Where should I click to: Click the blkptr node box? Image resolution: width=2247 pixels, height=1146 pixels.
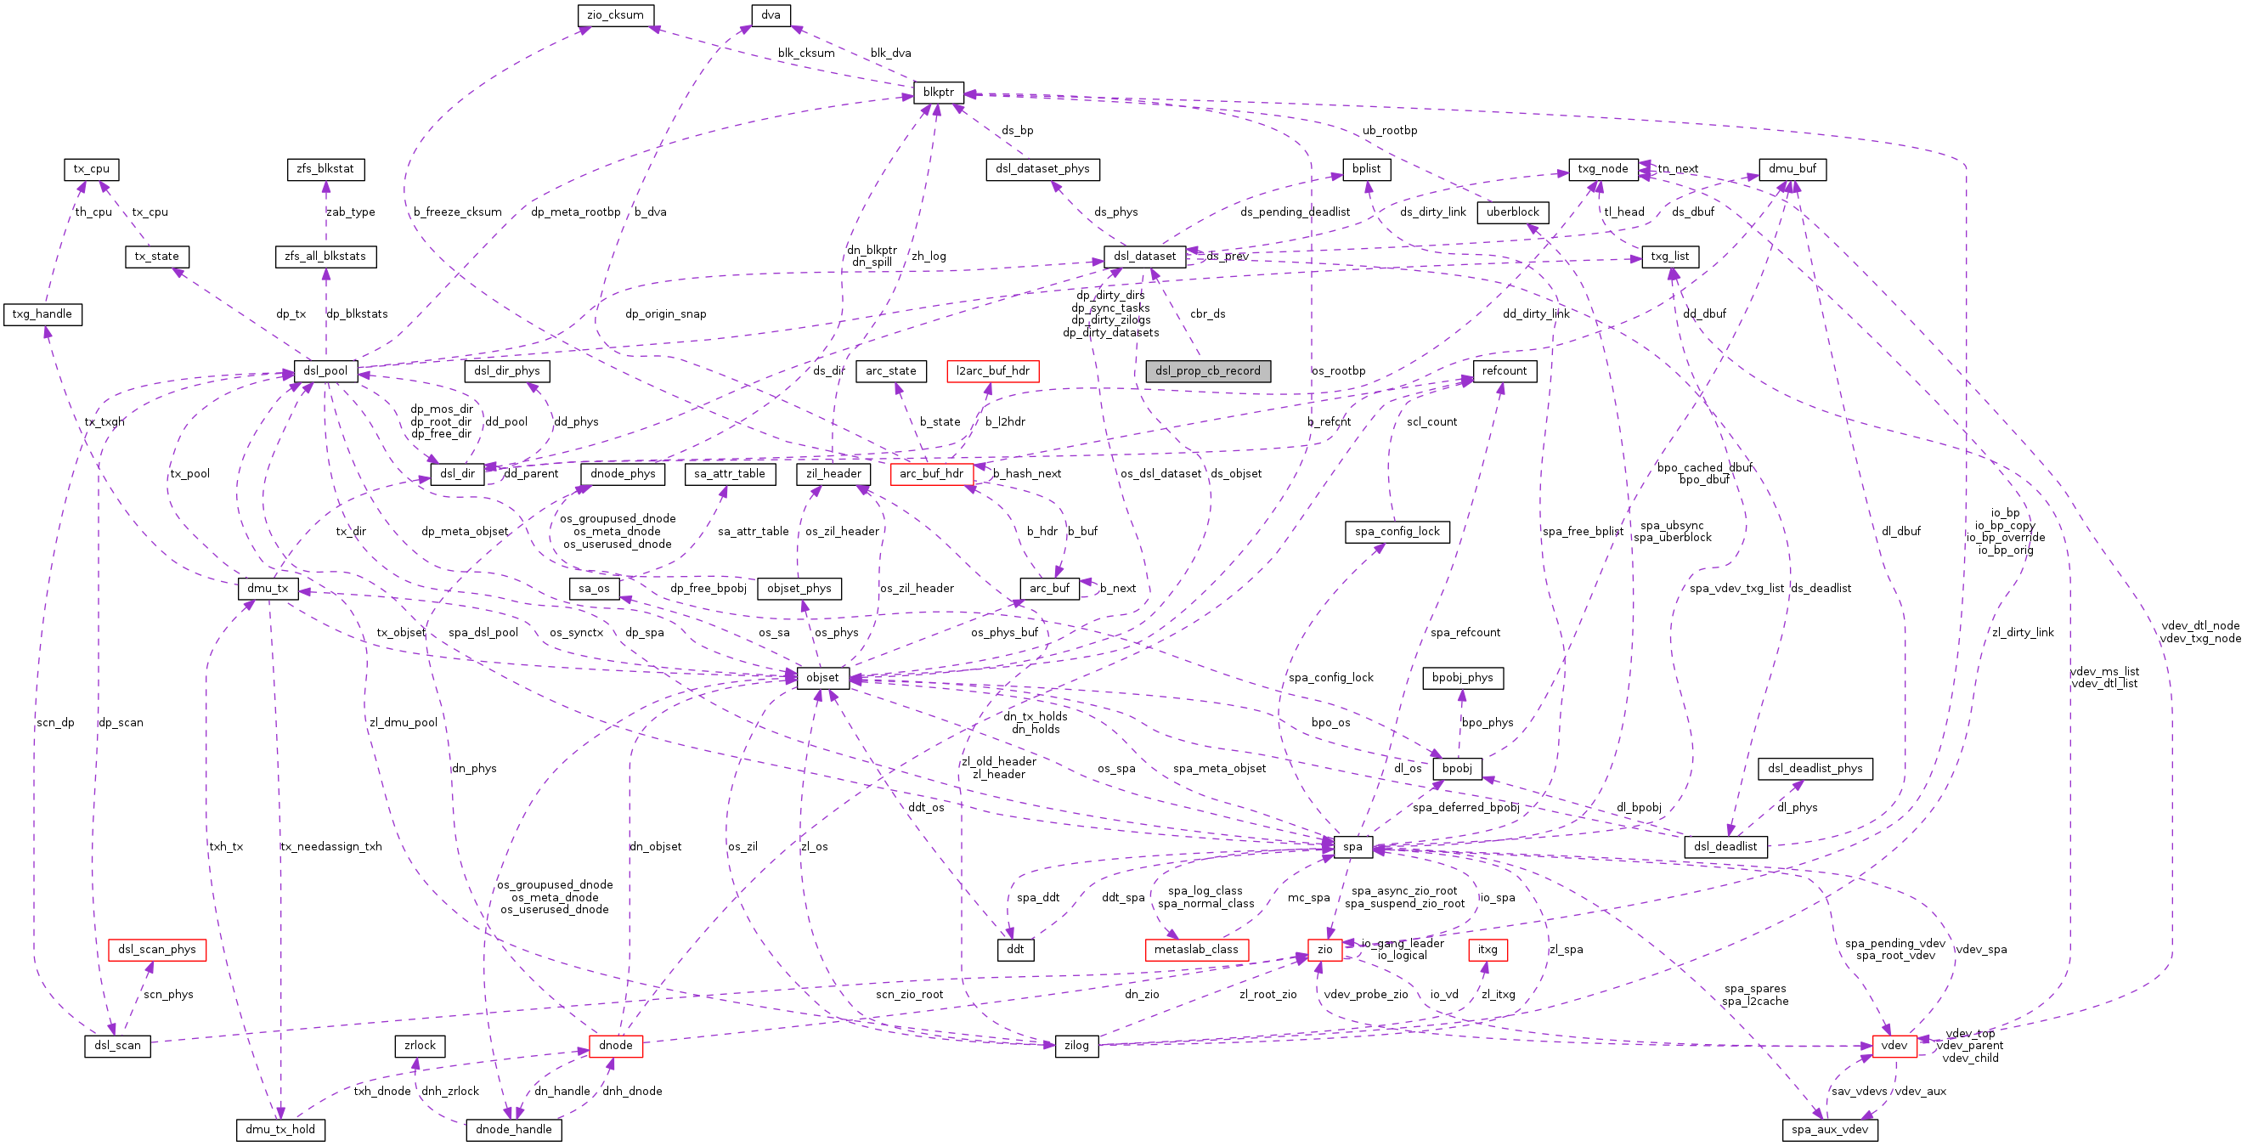click(938, 93)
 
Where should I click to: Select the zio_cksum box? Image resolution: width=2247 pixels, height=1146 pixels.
click(615, 14)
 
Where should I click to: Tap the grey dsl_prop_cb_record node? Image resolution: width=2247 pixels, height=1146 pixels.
click(1207, 371)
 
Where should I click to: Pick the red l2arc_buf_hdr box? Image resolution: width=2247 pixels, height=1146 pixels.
click(992, 371)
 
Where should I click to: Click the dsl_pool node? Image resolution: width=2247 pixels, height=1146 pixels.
click(325, 371)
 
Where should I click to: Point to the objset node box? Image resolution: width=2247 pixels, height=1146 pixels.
click(821, 678)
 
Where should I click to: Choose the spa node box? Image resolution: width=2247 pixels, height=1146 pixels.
click(1352, 847)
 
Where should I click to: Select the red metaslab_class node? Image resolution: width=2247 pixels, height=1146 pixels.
click(1196, 950)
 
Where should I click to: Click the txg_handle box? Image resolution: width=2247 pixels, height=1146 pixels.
click(42, 314)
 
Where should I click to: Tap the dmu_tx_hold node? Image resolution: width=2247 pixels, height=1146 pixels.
click(280, 1129)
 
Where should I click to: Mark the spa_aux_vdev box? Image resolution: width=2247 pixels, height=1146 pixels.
click(1829, 1129)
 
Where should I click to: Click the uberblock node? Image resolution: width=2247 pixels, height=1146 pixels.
click(1512, 212)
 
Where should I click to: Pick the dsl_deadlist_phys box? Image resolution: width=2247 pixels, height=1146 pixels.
click(1815, 769)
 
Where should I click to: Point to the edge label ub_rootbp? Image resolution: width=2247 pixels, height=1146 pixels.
click(1390, 131)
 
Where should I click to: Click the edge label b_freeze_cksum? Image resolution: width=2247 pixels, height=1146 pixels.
click(458, 212)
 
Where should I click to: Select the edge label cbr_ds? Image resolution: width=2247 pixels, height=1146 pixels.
click(1207, 314)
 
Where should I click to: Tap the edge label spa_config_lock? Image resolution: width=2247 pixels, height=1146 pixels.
click(1330, 678)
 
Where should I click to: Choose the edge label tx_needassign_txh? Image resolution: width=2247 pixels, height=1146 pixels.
click(330, 847)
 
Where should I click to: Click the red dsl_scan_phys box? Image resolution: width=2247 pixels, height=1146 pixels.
click(157, 950)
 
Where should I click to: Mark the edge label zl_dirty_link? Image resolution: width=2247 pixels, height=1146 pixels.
click(2022, 633)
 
